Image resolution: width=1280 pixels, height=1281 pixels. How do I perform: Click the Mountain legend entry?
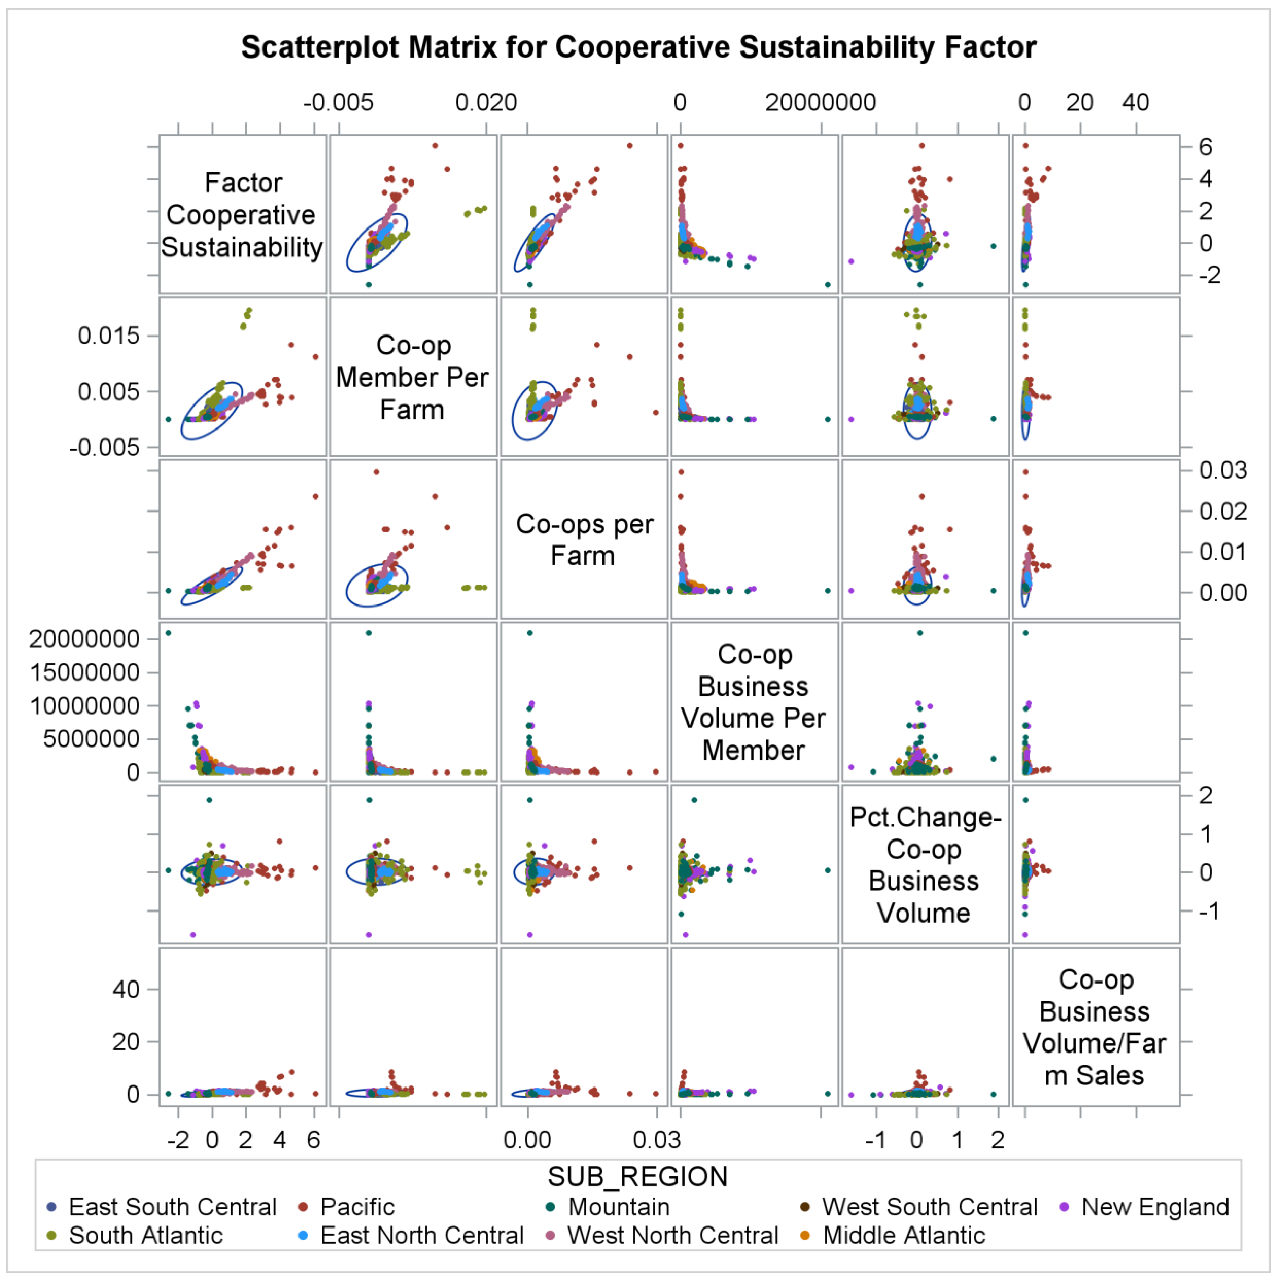[x=618, y=1207]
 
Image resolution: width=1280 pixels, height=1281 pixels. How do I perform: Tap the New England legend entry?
[x=1155, y=1207]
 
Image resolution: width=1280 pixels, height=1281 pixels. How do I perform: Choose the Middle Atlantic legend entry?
[x=903, y=1235]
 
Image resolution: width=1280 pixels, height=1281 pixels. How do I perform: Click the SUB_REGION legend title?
[x=637, y=1177]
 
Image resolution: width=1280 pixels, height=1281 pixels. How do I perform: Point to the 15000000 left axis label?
[x=84, y=672]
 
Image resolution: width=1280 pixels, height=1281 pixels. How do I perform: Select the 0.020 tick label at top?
[x=486, y=103]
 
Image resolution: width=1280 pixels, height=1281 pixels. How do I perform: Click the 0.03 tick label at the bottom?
[x=657, y=1140]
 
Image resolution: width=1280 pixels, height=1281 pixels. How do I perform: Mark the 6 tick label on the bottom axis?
[x=314, y=1140]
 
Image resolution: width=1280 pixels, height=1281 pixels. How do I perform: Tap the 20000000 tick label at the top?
[x=820, y=103]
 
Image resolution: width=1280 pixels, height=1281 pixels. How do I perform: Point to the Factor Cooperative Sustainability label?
[x=242, y=215]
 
